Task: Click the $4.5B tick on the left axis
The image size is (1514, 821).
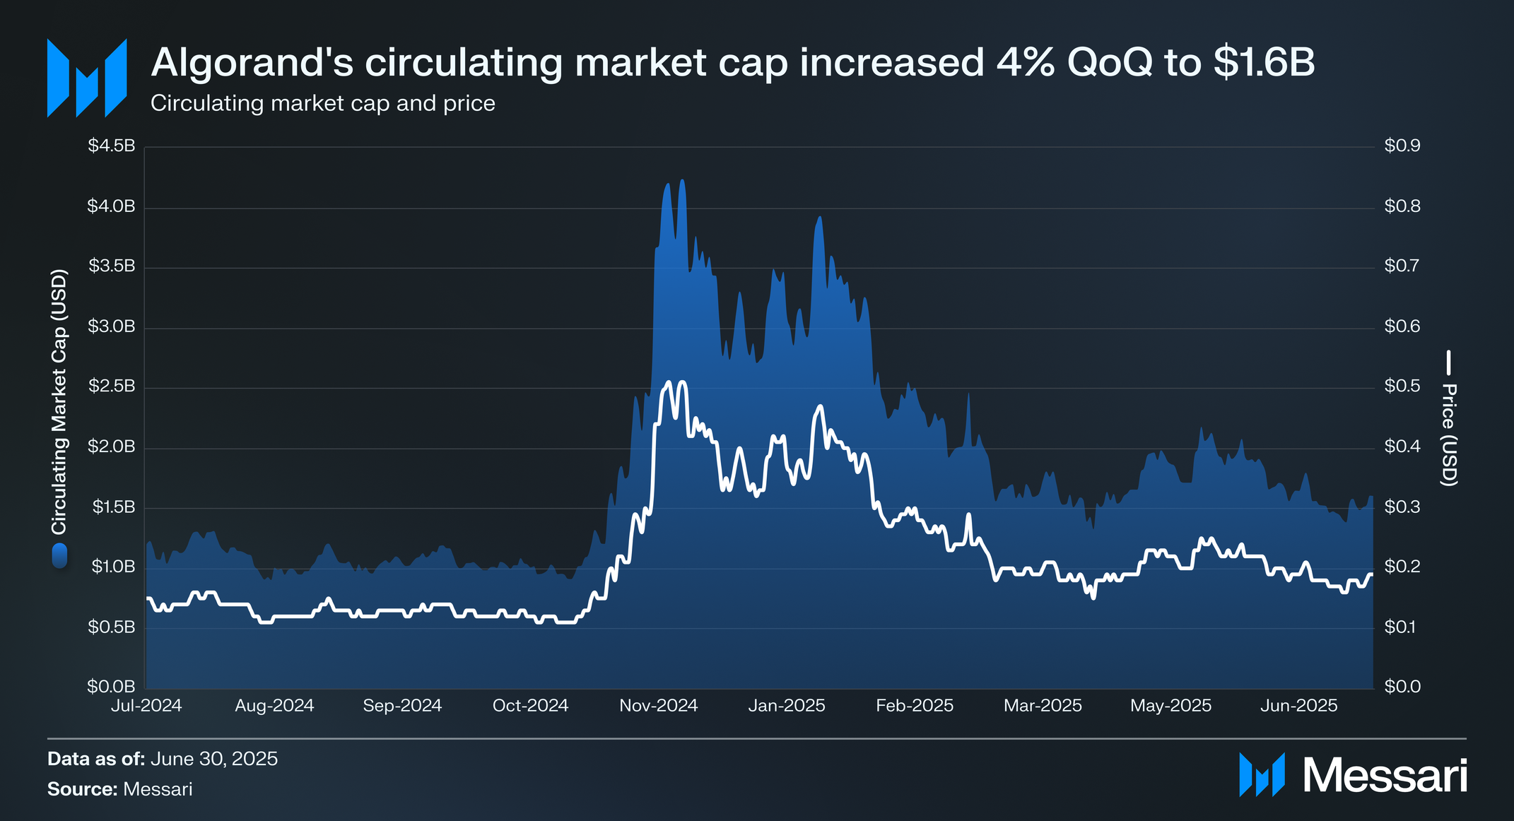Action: (x=111, y=146)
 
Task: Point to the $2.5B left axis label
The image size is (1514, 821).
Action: (x=111, y=386)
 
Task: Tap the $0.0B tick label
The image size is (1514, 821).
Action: (x=111, y=686)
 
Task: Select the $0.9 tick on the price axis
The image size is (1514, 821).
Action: (x=1402, y=146)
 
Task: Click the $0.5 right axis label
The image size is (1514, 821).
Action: (x=1402, y=386)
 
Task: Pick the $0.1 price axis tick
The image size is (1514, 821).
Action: (x=1402, y=627)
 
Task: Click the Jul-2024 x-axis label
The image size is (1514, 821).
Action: (x=146, y=706)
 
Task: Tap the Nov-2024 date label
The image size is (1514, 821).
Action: (x=658, y=706)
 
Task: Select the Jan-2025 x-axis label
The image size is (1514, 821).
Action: (x=787, y=706)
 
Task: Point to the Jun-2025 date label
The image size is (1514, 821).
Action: (x=1298, y=706)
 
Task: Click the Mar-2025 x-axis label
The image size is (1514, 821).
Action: (x=1043, y=706)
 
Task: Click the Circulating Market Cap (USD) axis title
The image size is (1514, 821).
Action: (x=59, y=401)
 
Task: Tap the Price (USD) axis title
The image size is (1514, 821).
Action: (x=1449, y=435)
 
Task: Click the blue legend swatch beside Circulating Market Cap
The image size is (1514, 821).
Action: (x=59, y=556)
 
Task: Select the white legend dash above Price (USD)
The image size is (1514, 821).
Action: (x=1449, y=362)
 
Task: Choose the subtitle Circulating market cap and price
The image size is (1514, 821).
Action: (x=322, y=104)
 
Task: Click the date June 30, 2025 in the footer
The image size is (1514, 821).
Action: (x=214, y=759)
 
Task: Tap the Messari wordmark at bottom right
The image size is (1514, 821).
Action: (x=1385, y=776)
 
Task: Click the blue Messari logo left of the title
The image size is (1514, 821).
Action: (x=86, y=78)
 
